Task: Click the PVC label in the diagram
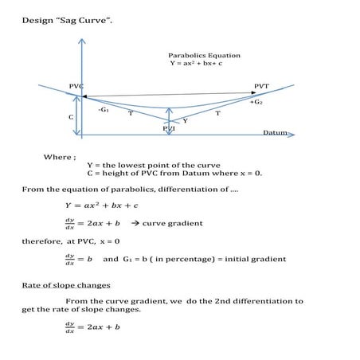point(76,85)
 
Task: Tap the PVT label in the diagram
point(261,85)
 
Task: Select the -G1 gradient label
point(104,109)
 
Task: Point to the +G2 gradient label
point(256,103)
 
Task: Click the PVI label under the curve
point(169,127)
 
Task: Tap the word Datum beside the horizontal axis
point(275,132)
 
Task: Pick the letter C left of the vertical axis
point(71,116)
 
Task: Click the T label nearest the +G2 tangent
point(217,114)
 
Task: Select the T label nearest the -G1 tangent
point(130,113)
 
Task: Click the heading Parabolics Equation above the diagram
point(204,55)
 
